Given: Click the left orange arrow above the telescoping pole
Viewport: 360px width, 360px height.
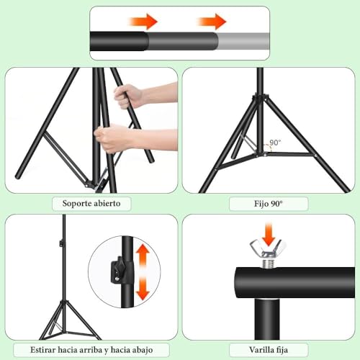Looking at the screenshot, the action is coord(143,22).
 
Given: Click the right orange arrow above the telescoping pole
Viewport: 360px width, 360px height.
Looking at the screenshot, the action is coord(212,22).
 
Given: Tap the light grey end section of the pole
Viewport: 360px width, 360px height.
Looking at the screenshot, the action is coord(243,41).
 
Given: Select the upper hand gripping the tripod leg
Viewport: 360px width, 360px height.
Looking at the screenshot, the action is coord(128,96).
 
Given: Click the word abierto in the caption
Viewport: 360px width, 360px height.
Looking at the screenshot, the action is coord(107,203).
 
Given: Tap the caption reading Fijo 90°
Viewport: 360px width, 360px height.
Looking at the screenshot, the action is coord(269,204).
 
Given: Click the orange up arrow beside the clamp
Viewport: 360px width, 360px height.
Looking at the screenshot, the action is coord(143,255).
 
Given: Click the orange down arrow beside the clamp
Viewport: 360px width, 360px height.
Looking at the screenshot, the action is coord(143,287).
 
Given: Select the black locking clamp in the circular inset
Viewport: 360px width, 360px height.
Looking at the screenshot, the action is coord(119,270).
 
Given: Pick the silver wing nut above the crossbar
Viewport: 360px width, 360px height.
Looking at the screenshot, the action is coord(268,248).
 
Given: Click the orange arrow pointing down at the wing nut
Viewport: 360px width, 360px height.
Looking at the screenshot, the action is coord(269,234).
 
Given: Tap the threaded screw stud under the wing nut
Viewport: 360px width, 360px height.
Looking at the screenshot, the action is coord(268,263).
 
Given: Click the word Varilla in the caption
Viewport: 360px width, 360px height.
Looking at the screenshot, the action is coord(261,350).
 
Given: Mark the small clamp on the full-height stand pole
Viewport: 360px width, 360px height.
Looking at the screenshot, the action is coord(61,243).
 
